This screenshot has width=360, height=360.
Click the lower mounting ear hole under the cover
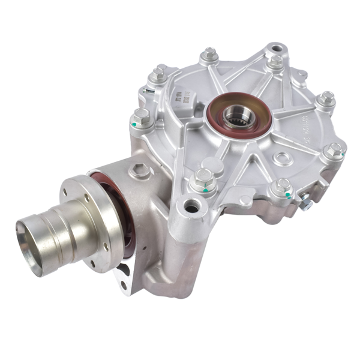192,208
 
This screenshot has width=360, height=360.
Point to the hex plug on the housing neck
139,171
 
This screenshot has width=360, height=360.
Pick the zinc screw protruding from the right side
305,205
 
